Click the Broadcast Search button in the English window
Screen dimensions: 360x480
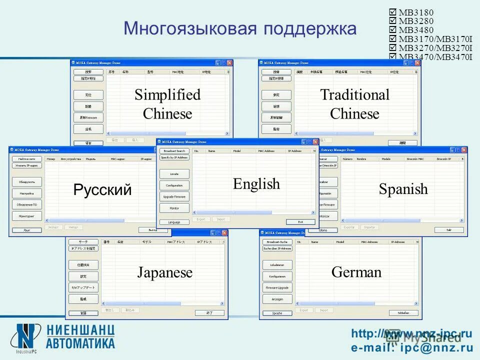click(x=174, y=150)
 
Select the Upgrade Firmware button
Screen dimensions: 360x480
click(x=174, y=196)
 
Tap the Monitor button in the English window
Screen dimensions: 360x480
click(x=174, y=208)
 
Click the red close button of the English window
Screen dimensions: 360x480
click(x=315, y=142)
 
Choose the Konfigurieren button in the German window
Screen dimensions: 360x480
click(x=277, y=276)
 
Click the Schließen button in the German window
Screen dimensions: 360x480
click(x=403, y=313)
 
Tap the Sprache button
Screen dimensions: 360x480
click(x=277, y=313)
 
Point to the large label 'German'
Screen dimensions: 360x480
click(x=356, y=272)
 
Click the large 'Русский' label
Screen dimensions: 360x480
click(x=102, y=190)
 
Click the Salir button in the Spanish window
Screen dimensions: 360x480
click(x=448, y=230)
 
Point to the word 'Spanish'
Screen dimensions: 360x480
click(x=403, y=189)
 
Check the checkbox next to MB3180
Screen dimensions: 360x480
click(x=392, y=12)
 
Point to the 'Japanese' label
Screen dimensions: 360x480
click(x=164, y=273)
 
